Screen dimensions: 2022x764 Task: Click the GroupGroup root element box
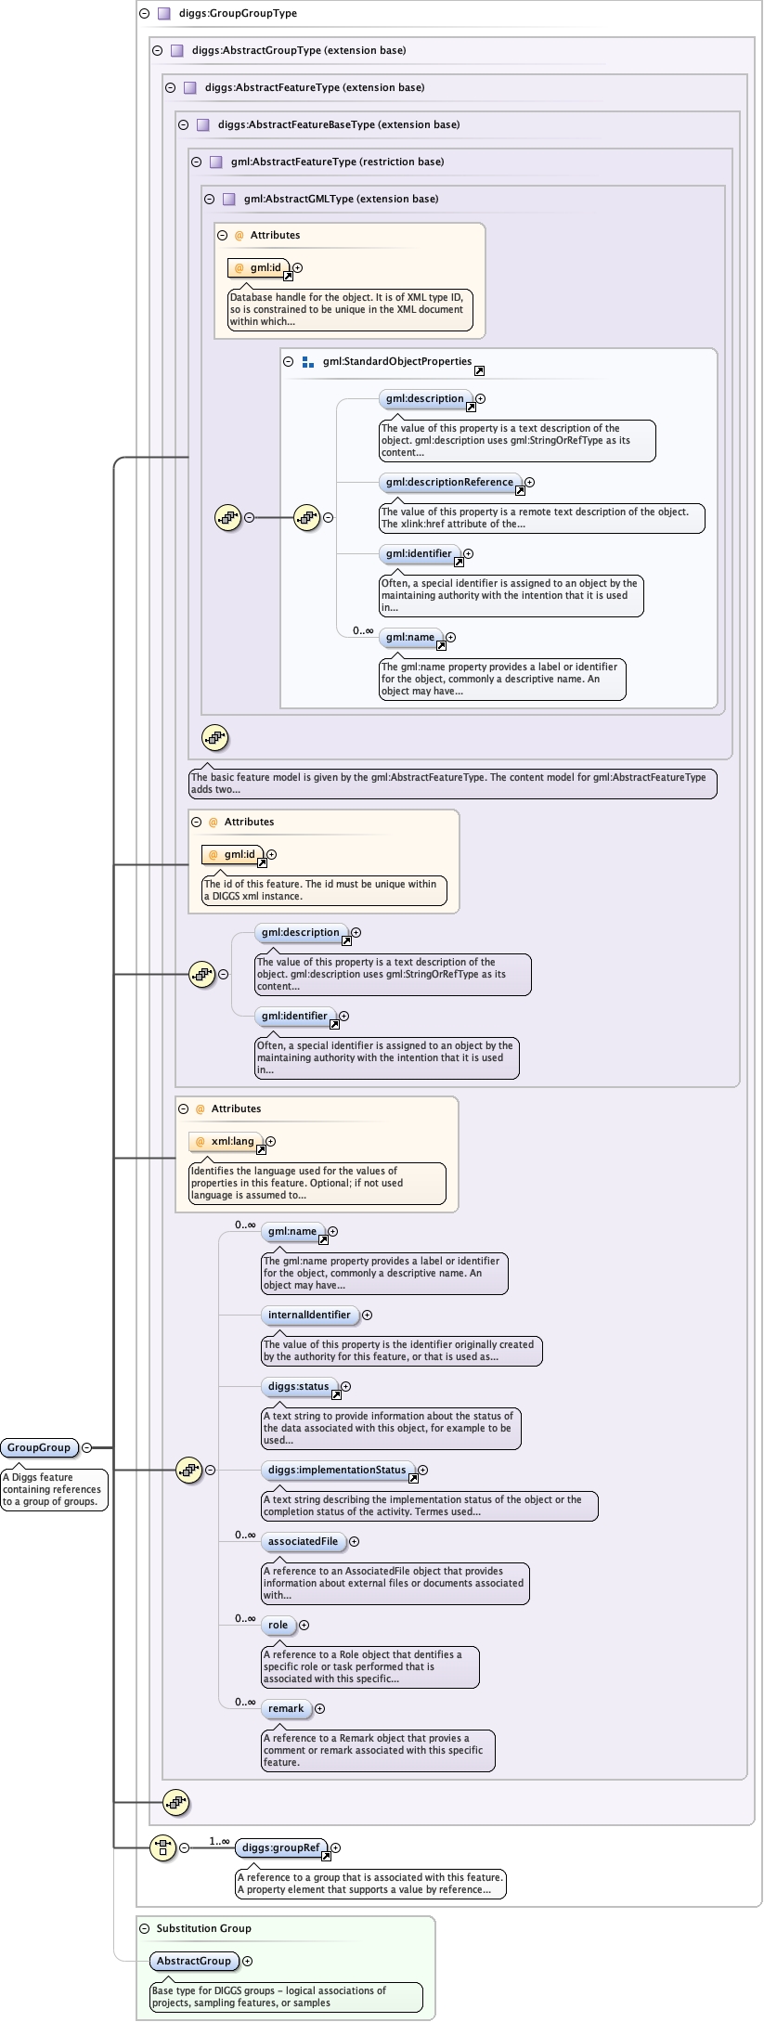(x=39, y=1447)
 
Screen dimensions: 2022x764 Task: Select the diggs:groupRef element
(x=280, y=1847)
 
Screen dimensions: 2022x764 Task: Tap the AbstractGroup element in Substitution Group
(x=194, y=1961)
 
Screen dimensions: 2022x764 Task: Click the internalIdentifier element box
(x=309, y=1315)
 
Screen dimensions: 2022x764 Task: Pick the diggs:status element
(x=298, y=1386)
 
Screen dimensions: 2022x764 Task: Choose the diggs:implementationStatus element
(x=337, y=1470)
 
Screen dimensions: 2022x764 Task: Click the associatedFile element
(x=303, y=1541)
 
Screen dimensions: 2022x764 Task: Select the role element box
(x=278, y=1625)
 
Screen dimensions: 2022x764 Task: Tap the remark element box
(x=286, y=1708)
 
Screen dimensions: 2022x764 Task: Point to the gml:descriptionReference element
(x=449, y=482)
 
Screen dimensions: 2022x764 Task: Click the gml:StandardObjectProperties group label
(x=396, y=361)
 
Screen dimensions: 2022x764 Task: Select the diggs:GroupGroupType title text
(x=238, y=13)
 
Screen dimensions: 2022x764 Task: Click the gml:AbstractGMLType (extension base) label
(x=341, y=199)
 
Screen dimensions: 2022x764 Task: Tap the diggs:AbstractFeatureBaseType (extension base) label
(x=338, y=124)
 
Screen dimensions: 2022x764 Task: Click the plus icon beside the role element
(x=304, y=1625)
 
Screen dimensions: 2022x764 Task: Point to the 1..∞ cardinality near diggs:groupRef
(x=219, y=1841)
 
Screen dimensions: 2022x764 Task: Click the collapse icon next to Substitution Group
(x=144, y=1928)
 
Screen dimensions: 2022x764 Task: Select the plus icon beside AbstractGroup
(x=247, y=1961)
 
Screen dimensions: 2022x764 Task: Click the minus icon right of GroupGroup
(x=86, y=1447)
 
